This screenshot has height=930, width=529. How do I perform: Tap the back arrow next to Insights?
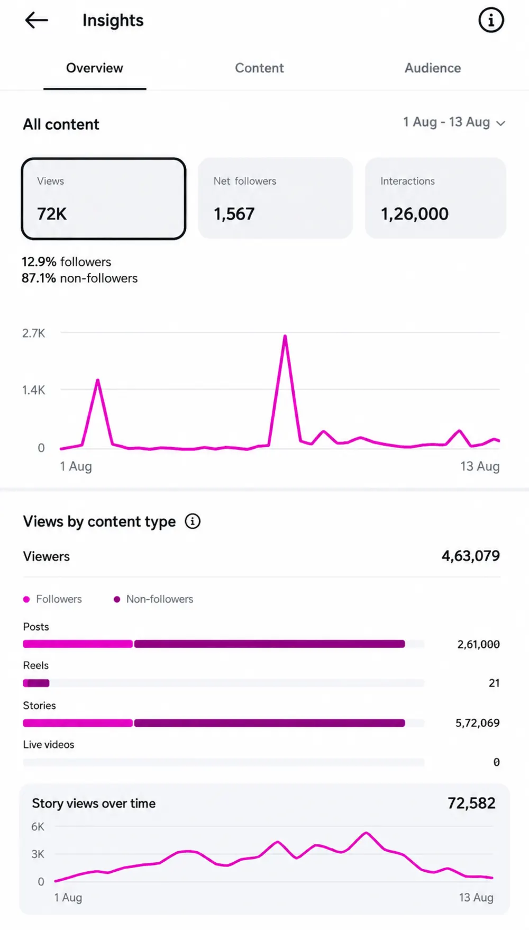coord(36,20)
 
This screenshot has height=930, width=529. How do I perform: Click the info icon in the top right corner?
coord(491,20)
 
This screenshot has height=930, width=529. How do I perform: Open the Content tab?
coord(259,68)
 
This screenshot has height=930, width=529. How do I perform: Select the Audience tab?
coord(433,68)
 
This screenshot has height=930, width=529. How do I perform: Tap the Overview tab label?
coord(95,68)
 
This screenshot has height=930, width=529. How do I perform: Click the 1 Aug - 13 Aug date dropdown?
coord(454,122)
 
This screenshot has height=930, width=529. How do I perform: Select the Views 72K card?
coord(104,198)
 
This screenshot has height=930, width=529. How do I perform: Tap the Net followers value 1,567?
coord(234,214)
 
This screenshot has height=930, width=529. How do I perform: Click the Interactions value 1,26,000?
coord(414,214)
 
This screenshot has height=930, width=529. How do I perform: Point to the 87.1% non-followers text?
coord(79,278)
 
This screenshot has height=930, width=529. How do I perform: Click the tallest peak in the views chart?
coord(285,336)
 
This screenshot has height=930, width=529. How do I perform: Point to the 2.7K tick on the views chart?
coord(33,333)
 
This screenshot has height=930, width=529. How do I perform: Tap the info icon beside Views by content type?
coord(193,521)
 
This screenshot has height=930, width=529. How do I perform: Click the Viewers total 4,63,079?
coord(471,556)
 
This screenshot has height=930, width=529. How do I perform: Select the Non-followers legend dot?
coord(117,599)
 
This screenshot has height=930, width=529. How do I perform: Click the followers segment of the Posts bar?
coord(78,644)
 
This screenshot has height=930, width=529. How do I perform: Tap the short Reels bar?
coord(36,683)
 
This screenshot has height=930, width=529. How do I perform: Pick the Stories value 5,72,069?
coord(477,723)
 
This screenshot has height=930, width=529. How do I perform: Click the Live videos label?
coord(49,745)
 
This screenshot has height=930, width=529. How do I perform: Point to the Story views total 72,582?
coord(471,803)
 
